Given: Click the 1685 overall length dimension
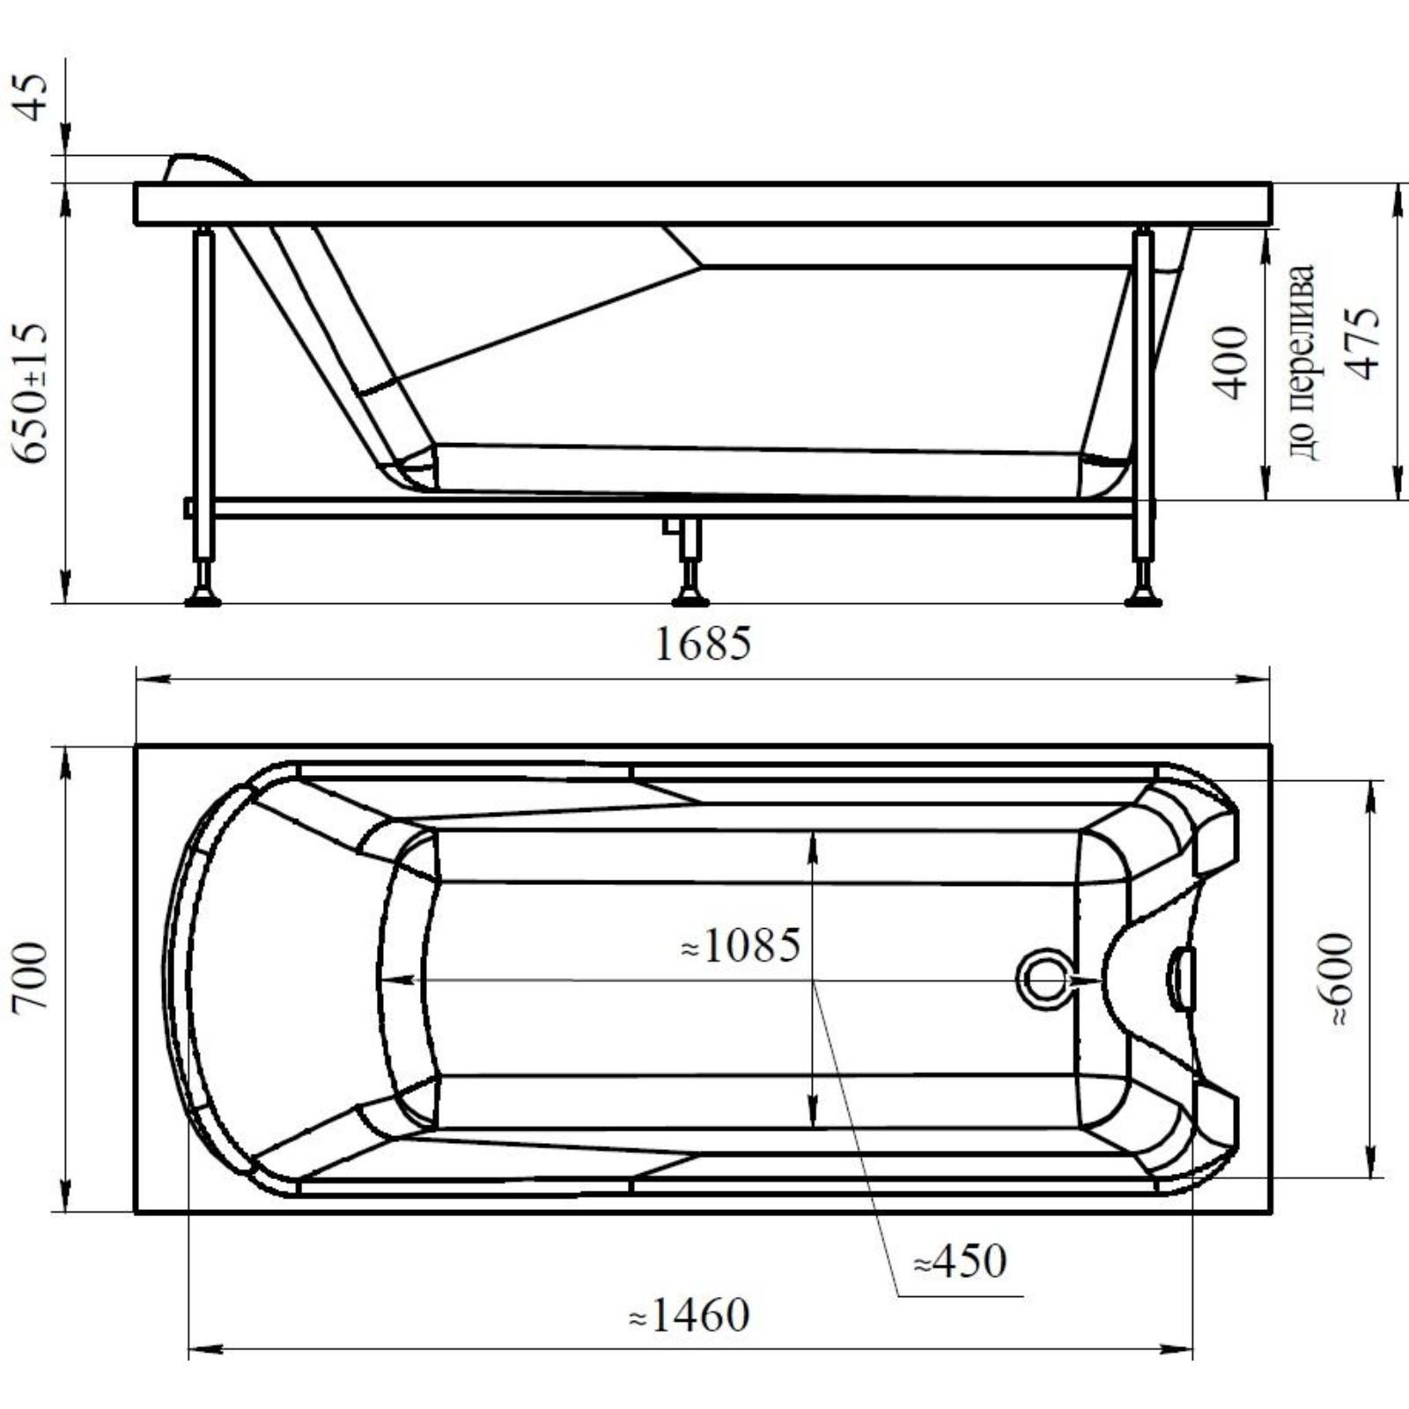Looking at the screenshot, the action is [x=704, y=644].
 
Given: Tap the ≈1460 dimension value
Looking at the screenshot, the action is [x=690, y=1317].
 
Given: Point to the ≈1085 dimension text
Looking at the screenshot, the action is [x=741, y=947].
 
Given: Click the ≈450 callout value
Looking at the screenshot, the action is [x=960, y=1262].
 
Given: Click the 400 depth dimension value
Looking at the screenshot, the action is [x=1231, y=362].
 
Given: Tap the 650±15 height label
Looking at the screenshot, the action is [x=32, y=393].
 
